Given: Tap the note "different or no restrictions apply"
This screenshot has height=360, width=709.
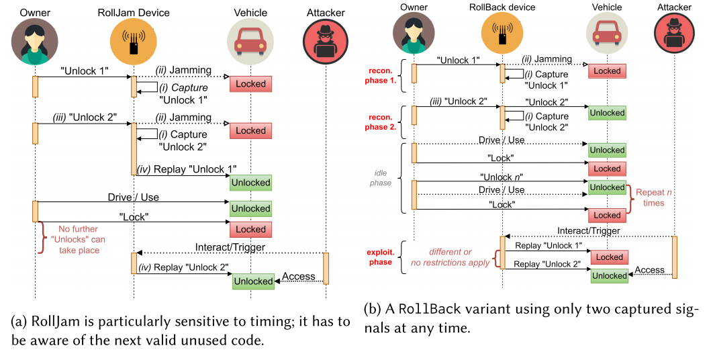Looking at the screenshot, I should (x=449, y=257).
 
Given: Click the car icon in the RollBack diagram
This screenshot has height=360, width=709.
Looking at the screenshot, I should (x=607, y=33).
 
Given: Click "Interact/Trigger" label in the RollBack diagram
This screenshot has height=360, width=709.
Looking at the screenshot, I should (x=589, y=231).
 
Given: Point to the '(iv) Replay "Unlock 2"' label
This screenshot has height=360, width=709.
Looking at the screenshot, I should (x=183, y=268).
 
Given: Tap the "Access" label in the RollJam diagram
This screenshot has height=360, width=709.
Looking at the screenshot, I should (x=298, y=277).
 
